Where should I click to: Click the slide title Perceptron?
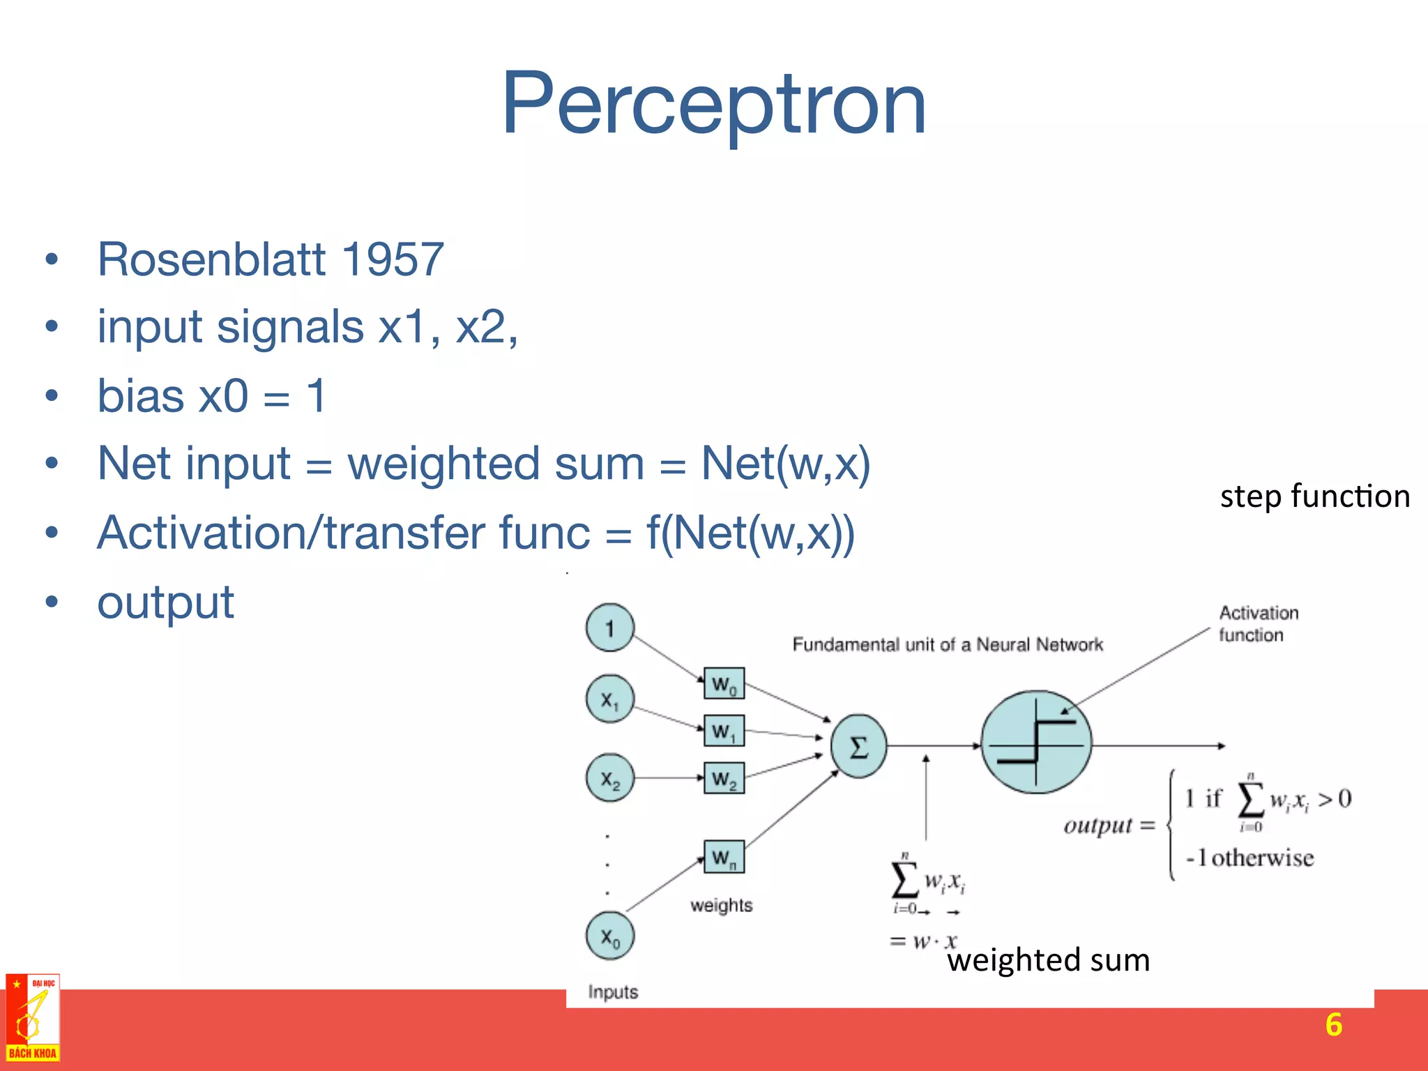[713, 105]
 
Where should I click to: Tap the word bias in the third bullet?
[140, 395]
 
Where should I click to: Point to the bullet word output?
[165, 602]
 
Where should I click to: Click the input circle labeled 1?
[609, 628]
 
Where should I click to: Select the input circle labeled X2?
[609, 777]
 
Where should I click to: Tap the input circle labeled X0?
[609, 936]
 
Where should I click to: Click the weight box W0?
[724, 684]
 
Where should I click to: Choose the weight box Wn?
[724, 856]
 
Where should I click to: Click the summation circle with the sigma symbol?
[858, 746]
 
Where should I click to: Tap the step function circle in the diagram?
[1036, 742]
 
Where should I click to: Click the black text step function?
[1314, 496]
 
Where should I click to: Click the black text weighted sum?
[1048, 960]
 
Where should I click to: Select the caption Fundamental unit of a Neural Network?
[947, 644]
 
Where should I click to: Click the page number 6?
[1333, 1024]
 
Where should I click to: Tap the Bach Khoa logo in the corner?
[33, 1018]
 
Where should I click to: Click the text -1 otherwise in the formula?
[1249, 858]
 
